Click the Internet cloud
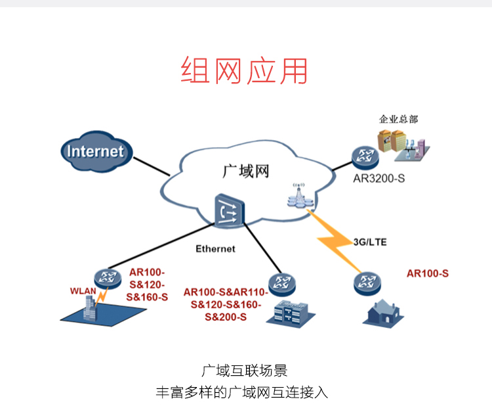click(96, 152)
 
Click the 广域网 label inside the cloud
click(246, 172)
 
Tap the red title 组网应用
click(244, 70)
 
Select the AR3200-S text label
click(379, 179)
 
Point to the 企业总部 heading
click(398, 119)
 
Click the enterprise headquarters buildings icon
click(403, 145)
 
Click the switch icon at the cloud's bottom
click(230, 210)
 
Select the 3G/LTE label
click(370, 242)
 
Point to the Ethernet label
click(215, 249)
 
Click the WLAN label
click(83, 291)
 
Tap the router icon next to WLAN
click(108, 279)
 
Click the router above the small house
click(367, 283)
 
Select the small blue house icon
click(383, 313)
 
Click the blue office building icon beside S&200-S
click(291, 314)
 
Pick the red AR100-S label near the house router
click(427, 273)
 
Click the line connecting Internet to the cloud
click(152, 166)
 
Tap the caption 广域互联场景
click(244, 371)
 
